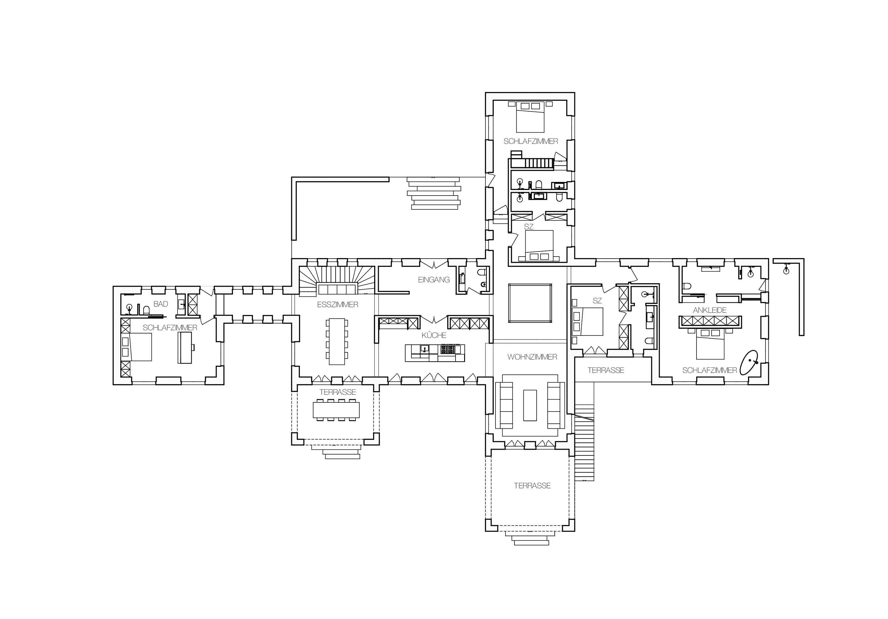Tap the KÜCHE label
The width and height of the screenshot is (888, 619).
pos(434,335)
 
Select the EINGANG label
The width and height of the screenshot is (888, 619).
pos(434,280)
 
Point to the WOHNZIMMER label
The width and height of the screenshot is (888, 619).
pos(532,357)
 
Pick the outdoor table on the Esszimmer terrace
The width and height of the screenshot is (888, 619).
pos(336,410)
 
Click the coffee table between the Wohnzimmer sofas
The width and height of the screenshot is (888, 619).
pos(530,405)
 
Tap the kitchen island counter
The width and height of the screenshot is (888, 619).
pos(435,353)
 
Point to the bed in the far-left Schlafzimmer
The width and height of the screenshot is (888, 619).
pos(140,347)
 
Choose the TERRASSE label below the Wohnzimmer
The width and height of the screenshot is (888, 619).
pos(532,486)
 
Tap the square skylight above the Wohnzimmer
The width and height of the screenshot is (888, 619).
pos(530,303)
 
